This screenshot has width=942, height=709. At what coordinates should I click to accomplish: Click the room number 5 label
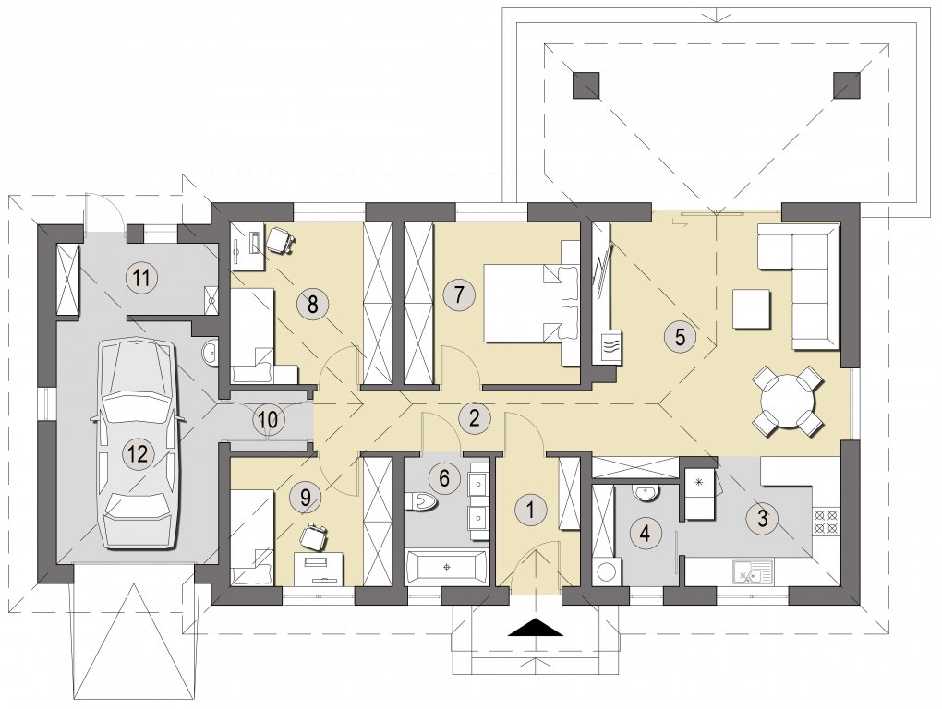click(680, 336)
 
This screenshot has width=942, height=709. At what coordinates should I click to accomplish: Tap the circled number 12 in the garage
click(139, 453)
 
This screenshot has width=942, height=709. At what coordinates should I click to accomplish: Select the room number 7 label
click(458, 294)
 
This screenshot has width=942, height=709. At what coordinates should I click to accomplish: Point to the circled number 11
click(142, 278)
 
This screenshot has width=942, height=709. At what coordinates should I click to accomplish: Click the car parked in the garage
click(139, 444)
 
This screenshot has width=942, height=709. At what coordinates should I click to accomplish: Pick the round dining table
click(787, 401)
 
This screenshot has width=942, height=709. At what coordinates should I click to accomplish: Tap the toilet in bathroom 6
click(421, 501)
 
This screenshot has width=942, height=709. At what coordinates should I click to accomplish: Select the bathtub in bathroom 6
click(446, 566)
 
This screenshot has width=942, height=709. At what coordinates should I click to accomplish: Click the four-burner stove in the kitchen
click(825, 521)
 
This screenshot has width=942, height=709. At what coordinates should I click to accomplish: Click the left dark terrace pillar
click(586, 85)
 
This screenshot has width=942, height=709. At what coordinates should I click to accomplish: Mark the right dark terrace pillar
click(847, 85)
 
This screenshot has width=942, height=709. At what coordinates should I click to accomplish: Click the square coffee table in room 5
click(751, 308)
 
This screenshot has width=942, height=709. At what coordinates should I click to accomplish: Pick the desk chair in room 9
click(315, 535)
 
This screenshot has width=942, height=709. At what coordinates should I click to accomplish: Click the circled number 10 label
click(269, 419)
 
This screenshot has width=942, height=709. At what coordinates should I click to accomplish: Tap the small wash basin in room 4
click(646, 492)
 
